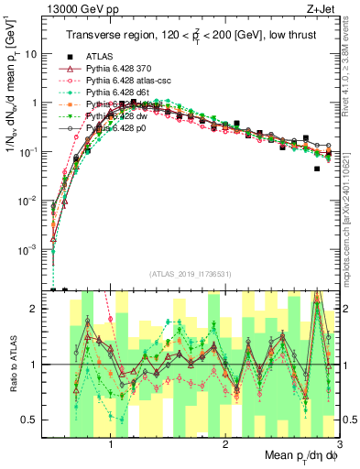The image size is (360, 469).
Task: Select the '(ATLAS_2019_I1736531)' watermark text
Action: click(191, 274)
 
